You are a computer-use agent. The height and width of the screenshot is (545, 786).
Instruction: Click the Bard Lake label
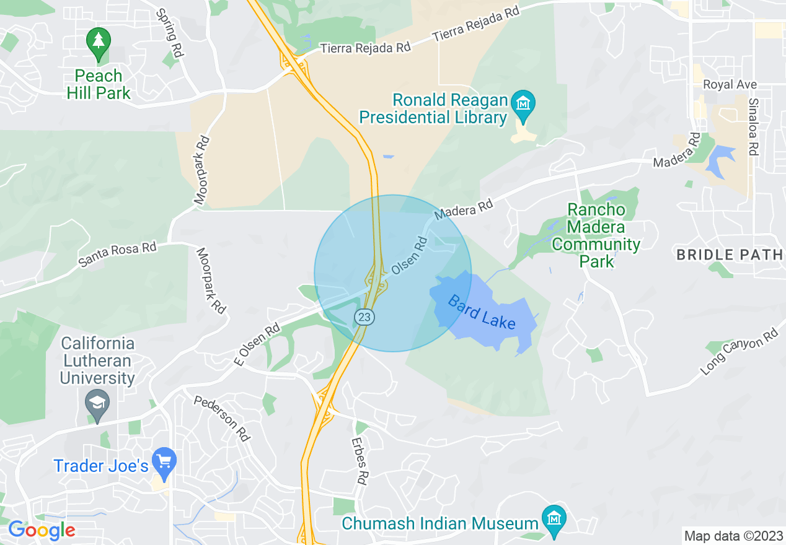pos(482,313)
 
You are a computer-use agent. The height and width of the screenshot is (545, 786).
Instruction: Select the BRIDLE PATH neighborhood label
pos(730,255)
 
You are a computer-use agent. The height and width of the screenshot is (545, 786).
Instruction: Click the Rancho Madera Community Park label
pos(596,235)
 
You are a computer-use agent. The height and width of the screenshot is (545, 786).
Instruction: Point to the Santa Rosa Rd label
pos(118,255)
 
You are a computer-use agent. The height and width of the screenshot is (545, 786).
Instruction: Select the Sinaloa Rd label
pos(753,126)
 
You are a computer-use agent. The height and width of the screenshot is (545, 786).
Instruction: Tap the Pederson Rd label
pos(222,419)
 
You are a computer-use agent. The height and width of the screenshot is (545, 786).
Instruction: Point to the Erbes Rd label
pos(360,461)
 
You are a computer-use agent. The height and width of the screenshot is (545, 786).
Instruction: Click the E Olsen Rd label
pos(258,345)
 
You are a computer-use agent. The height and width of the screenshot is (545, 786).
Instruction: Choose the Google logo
pos(42,530)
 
